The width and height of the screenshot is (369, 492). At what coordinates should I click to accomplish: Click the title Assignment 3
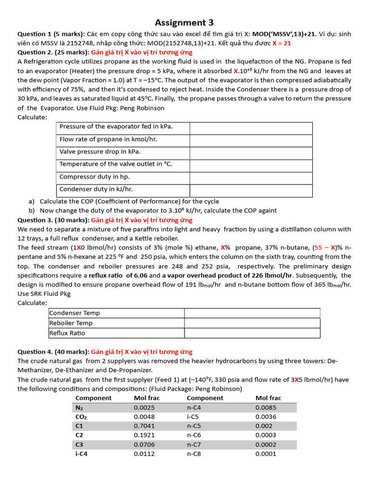click(184, 23)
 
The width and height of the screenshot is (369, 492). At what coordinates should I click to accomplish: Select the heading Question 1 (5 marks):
click(51, 34)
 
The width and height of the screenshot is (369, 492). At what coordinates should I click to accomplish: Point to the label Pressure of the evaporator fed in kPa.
click(116, 127)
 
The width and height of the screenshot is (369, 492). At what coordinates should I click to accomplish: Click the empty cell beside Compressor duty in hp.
click(251, 177)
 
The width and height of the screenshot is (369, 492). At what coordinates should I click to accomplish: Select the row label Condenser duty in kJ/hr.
click(96, 189)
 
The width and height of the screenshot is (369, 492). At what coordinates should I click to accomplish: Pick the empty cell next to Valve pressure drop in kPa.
click(251, 152)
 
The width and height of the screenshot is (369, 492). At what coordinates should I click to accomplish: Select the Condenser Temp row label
click(74, 313)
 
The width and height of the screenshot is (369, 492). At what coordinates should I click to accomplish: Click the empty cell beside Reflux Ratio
click(252, 333)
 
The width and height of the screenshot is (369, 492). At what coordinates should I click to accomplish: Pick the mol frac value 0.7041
click(144, 426)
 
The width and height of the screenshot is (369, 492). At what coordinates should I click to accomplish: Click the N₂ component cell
click(79, 407)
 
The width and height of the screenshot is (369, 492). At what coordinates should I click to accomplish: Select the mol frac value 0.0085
click(266, 407)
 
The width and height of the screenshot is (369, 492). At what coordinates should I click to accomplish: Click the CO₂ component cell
click(81, 417)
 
